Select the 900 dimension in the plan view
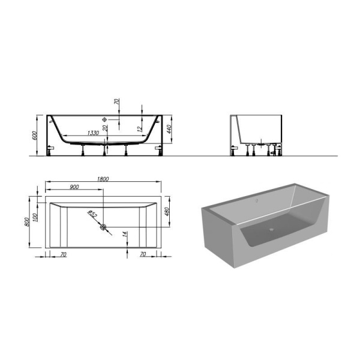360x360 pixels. click(x=74, y=187)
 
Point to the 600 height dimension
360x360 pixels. click(x=35, y=135)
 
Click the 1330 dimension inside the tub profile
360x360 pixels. click(x=93, y=133)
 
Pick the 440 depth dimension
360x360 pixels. click(x=170, y=129)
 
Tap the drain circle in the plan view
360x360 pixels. click(x=104, y=227)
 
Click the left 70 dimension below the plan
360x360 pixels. click(x=63, y=254)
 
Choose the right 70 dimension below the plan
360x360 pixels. click(x=143, y=254)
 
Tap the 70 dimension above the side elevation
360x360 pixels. click(x=119, y=103)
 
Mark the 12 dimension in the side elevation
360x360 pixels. click(x=139, y=128)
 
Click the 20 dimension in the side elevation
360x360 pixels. click(x=105, y=128)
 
